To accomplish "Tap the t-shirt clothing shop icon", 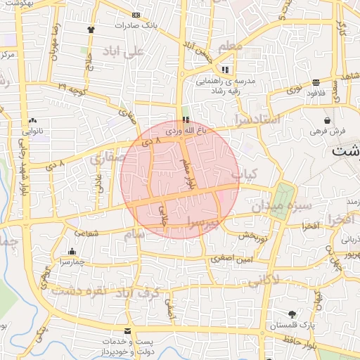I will point(91,30).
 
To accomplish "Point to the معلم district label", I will point(231,46).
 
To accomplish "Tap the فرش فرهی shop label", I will point(328,131).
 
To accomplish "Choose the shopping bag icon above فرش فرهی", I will point(328,120).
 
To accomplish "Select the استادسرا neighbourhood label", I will point(258,120).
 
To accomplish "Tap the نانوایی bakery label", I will point(34,131).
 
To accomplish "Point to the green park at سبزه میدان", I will point(283,201).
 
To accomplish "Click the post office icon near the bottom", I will point(127,330).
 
